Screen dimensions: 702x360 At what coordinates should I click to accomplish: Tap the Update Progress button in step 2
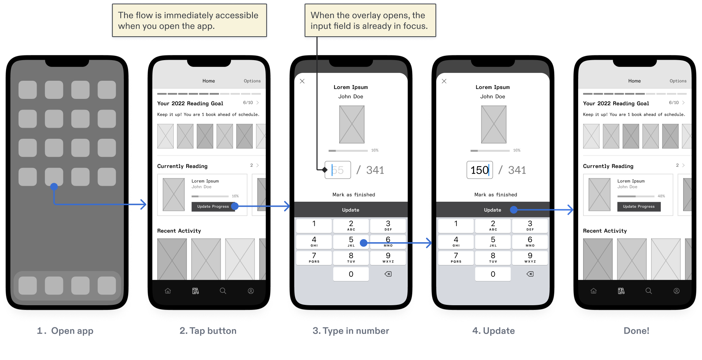(x=213, y=207)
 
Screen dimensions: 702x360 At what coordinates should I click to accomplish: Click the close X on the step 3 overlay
(x=302, y=81)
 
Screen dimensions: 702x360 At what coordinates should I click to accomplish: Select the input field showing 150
(x=480, y=170)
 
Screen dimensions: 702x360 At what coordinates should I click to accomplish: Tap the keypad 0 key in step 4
(x=493, y=274)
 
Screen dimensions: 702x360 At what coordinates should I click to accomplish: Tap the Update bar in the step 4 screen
(x=493, y=210)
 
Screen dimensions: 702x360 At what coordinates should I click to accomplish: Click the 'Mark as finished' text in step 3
(x=353, y=195)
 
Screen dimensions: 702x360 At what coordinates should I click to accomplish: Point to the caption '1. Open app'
(x=65, y=331)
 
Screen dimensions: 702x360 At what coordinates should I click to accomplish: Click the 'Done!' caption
(x=636, y=331)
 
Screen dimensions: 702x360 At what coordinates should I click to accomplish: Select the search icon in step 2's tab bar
(x=223, y=291)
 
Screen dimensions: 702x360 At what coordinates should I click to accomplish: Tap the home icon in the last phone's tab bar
(x=593, y=291)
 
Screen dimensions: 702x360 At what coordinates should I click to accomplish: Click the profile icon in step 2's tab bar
(x=251, y=291)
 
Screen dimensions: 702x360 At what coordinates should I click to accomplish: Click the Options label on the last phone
(x=678, y=81)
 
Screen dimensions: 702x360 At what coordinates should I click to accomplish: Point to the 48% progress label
(x=661, y=196)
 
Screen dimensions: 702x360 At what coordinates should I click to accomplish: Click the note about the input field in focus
(x=370, y=20)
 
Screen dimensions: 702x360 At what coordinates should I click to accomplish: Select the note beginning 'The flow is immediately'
(x=189, y=20)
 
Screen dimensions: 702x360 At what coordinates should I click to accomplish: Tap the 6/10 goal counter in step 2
(x=248, y=103)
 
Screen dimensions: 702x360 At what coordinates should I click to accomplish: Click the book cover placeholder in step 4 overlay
(x=494, y=125)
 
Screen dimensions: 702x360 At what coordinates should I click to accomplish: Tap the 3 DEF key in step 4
(x=530, y=226)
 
